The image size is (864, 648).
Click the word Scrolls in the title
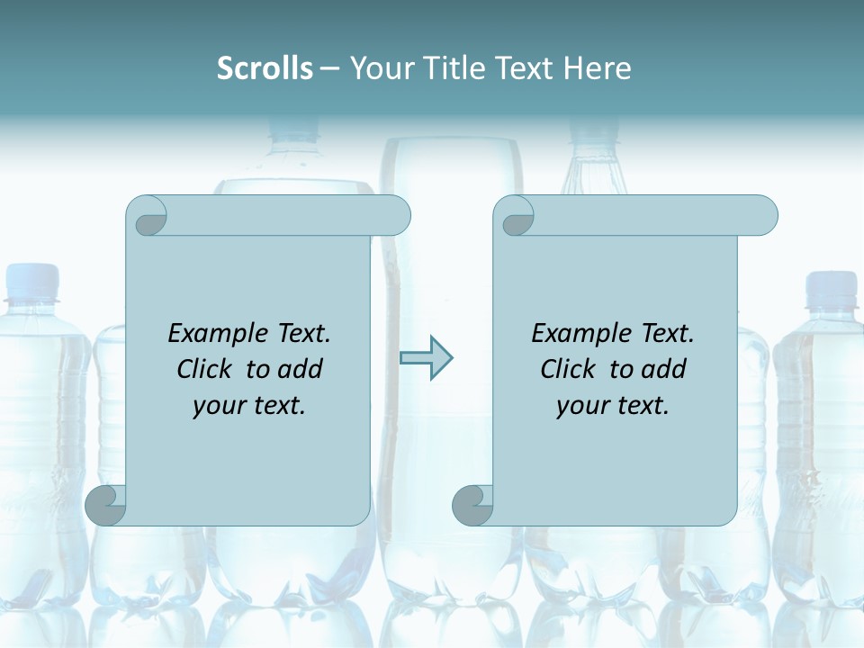point(265,68)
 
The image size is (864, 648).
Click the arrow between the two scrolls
point(426,358)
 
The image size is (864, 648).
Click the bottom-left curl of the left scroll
point(106,505)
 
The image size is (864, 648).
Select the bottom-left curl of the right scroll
point(472,505)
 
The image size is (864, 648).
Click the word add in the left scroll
point(301,369)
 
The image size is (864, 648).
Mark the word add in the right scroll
point(664,369)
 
